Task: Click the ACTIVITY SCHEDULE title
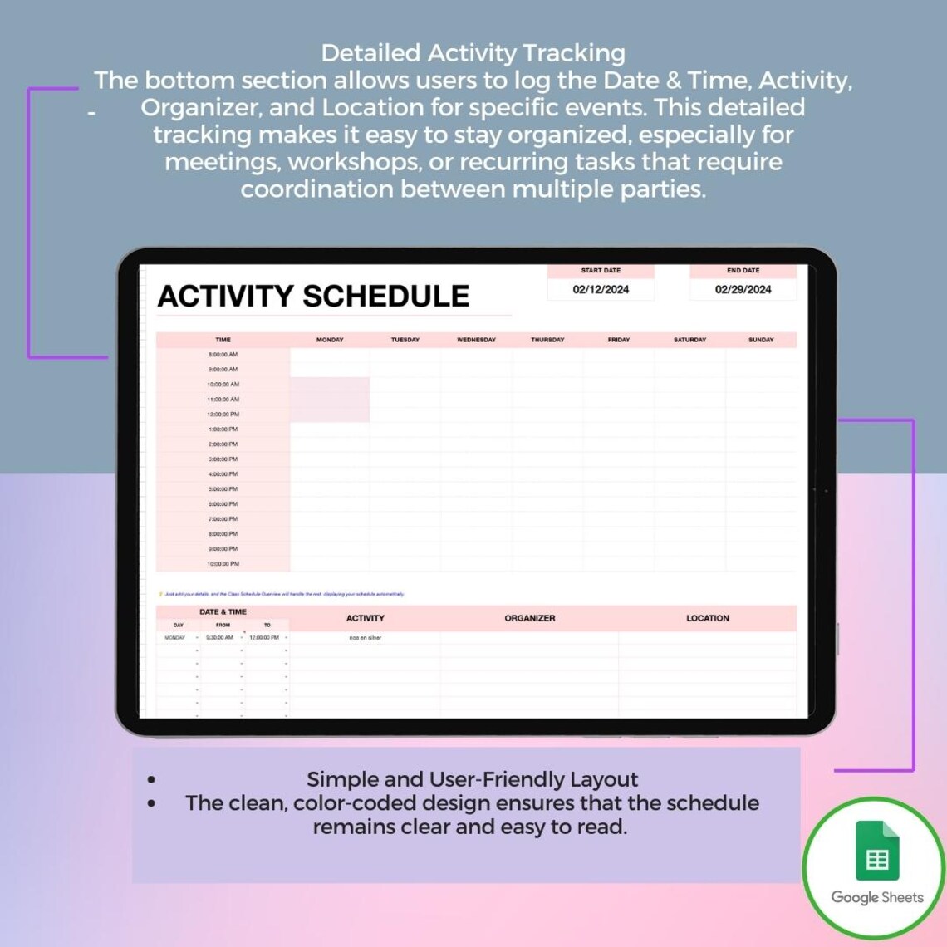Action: coord(313,297)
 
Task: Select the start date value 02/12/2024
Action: coord(601,289)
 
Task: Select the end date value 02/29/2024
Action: coord(743,289)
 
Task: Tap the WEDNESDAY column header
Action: coord(476,340)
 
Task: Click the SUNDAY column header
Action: coord(761,340)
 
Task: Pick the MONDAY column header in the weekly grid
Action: coord(330,340)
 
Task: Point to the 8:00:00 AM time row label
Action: coord(223,355)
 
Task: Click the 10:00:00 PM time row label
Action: coord(223,564)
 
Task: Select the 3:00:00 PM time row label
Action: coord(223,459)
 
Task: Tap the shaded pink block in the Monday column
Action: coord(330,400)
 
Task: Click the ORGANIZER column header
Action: coord(530,618)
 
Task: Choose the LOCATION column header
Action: coord(708,618)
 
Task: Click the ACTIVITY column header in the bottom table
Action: coord(366,618)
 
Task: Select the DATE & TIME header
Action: coord(223,612)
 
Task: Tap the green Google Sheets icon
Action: coord(877,851)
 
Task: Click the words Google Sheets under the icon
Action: coord(877,897)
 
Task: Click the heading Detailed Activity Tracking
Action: coord(473,53)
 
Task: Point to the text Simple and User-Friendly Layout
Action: coord(472,779)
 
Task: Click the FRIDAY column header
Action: coord(619,340)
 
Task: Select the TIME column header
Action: coord(223,340)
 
